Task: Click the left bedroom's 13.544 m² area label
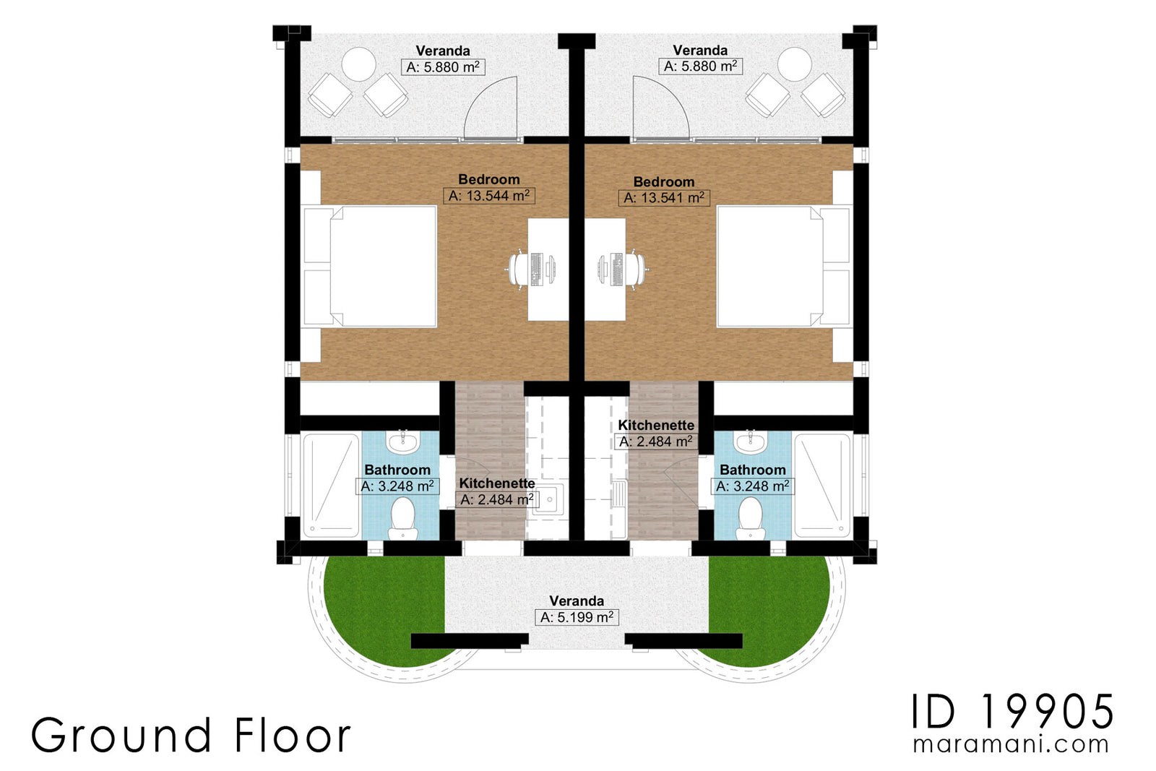coord(488,196)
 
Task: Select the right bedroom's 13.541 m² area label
coord(663,198)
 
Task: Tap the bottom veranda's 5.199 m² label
coord(577,617)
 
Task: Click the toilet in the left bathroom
coord(402,518)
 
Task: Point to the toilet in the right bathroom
coord(751,518)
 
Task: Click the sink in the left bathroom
coord(402,442)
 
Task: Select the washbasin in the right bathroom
coord(751,442)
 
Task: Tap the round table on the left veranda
coord(358,65)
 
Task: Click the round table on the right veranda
coord(794,65)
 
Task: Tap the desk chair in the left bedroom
coord(519,270)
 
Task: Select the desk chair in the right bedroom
coord(637,270)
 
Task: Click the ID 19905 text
coord(1011,712)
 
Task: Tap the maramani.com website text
coord(1010,745)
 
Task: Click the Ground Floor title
coord(191,736)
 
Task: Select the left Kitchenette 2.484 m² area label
coord(497,499)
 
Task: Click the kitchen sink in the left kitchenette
coord(548,499)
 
